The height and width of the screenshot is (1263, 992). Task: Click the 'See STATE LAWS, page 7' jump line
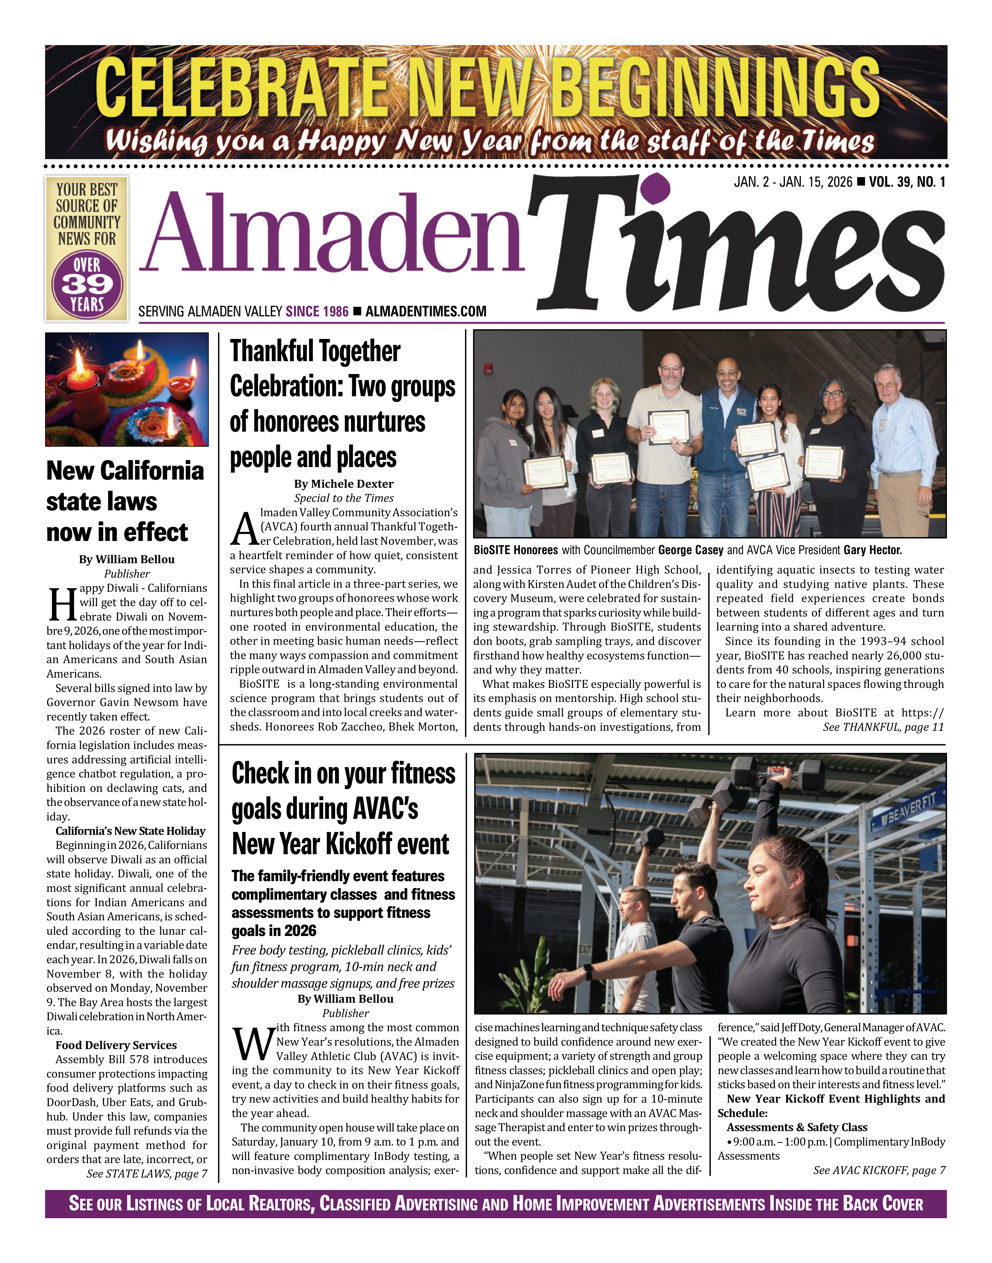click(147, 1173)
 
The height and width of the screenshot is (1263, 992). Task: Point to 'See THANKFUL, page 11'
click(883, 727)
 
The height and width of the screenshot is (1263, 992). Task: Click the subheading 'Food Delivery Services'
click(116, 1045)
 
